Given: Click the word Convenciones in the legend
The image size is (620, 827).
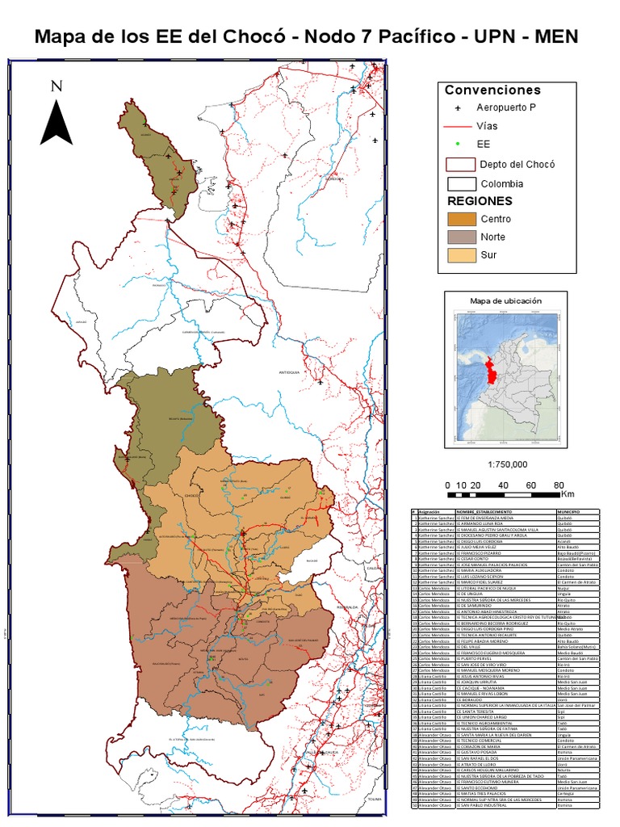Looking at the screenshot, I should click(492, 90).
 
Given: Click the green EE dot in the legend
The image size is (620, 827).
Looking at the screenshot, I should click(457, 144).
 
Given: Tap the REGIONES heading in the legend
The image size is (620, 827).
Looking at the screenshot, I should click(480, 200).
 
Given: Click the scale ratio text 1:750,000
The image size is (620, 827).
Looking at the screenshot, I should click(508, 464).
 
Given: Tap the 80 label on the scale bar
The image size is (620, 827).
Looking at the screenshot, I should click(558, 485).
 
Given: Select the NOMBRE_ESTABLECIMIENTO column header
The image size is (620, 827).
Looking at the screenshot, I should click(484, 512).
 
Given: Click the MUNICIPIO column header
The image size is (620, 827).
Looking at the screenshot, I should click(569, 512).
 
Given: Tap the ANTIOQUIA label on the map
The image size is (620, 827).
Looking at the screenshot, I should click(288, 372).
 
